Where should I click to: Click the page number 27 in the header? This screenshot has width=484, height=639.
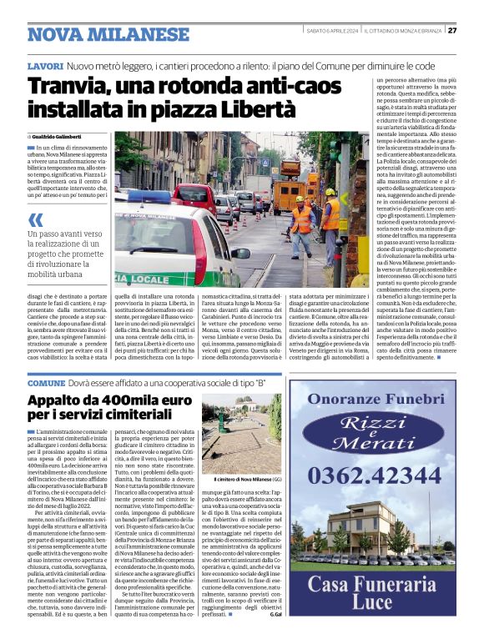(x=451, y=30)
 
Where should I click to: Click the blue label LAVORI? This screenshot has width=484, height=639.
(x=45, y=65)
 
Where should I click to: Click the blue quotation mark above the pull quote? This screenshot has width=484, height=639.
(x=35, y=219)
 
